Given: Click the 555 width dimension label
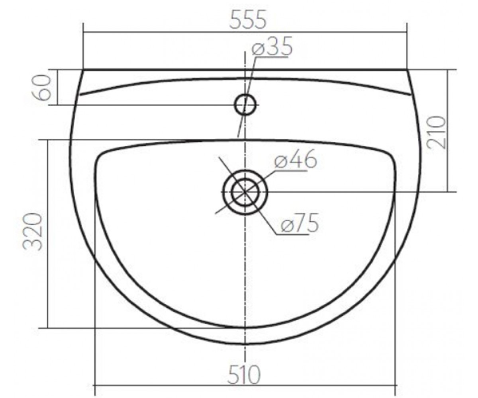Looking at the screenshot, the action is click(248, 19).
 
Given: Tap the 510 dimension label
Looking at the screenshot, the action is click(244, 375).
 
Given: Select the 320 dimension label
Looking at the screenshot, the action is click(33, 232).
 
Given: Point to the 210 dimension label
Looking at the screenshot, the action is click(438, 133).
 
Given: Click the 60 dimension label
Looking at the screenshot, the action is click(41, 88).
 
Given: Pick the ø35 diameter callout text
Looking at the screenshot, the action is click(272, 46).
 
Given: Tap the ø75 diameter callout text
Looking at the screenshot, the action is click(300, 222).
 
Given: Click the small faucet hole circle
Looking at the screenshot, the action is click(245, 94).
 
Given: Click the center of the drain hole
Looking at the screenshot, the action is click(245, 192).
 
